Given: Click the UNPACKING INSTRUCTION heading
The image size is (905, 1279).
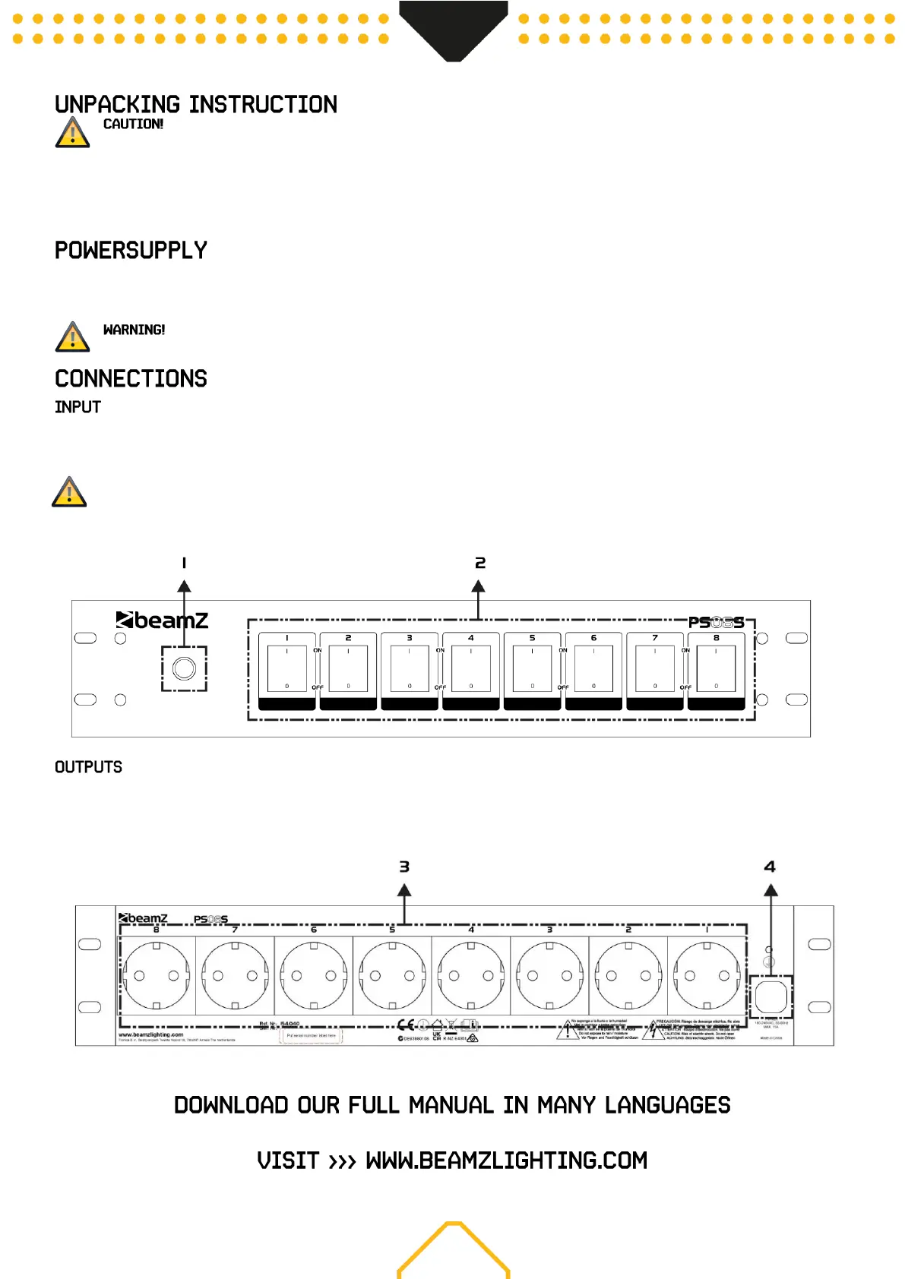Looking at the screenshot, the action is click(196, 104).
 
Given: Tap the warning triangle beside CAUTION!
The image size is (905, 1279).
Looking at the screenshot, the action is click(72, 133).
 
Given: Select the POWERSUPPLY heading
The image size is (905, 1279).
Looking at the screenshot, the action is click(131, 250).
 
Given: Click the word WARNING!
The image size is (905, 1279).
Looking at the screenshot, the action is click(134, 330).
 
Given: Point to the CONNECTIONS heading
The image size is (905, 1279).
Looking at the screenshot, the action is click(131, 378).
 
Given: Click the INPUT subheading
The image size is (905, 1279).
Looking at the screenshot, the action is click(78, 407).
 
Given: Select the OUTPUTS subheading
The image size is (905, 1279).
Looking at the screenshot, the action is click(88, 767).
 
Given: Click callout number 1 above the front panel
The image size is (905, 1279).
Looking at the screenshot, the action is click(184, 563).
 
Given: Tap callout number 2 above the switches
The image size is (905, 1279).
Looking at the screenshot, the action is click(479, 563).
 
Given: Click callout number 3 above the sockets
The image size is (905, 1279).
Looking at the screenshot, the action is click(404, 867).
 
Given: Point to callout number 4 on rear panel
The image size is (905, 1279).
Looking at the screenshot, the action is click(770, 867).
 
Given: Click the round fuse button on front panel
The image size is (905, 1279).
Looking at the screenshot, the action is click(184, 668).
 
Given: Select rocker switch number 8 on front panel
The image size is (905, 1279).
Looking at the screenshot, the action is click(716, 669).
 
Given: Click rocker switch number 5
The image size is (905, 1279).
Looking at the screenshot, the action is click(532, 669).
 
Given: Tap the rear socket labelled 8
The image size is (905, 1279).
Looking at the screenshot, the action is click(157, 976).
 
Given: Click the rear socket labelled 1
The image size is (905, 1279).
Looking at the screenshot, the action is click(707, 976).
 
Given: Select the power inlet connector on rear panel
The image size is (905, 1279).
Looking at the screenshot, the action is click(771, 996).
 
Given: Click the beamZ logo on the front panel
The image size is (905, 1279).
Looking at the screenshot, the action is click(162, 621).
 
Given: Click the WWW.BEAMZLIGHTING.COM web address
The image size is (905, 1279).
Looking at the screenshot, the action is click(506, 1161).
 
